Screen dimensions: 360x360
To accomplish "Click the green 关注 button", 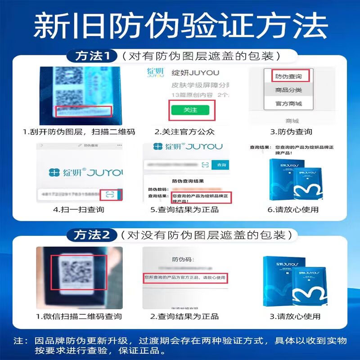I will point(190,110).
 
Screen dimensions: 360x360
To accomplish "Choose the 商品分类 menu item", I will point(288,90).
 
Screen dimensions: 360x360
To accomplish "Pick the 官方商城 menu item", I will point(288,104).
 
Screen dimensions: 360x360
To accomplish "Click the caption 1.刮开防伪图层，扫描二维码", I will point(79,132).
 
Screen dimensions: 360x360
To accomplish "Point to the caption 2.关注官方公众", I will point(184,132).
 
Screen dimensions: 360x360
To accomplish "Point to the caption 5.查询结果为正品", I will point(184,210).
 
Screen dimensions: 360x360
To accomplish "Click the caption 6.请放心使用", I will point(292,210).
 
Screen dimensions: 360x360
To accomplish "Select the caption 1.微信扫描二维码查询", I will point(79,317).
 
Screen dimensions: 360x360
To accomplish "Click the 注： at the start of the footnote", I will point(20,341).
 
